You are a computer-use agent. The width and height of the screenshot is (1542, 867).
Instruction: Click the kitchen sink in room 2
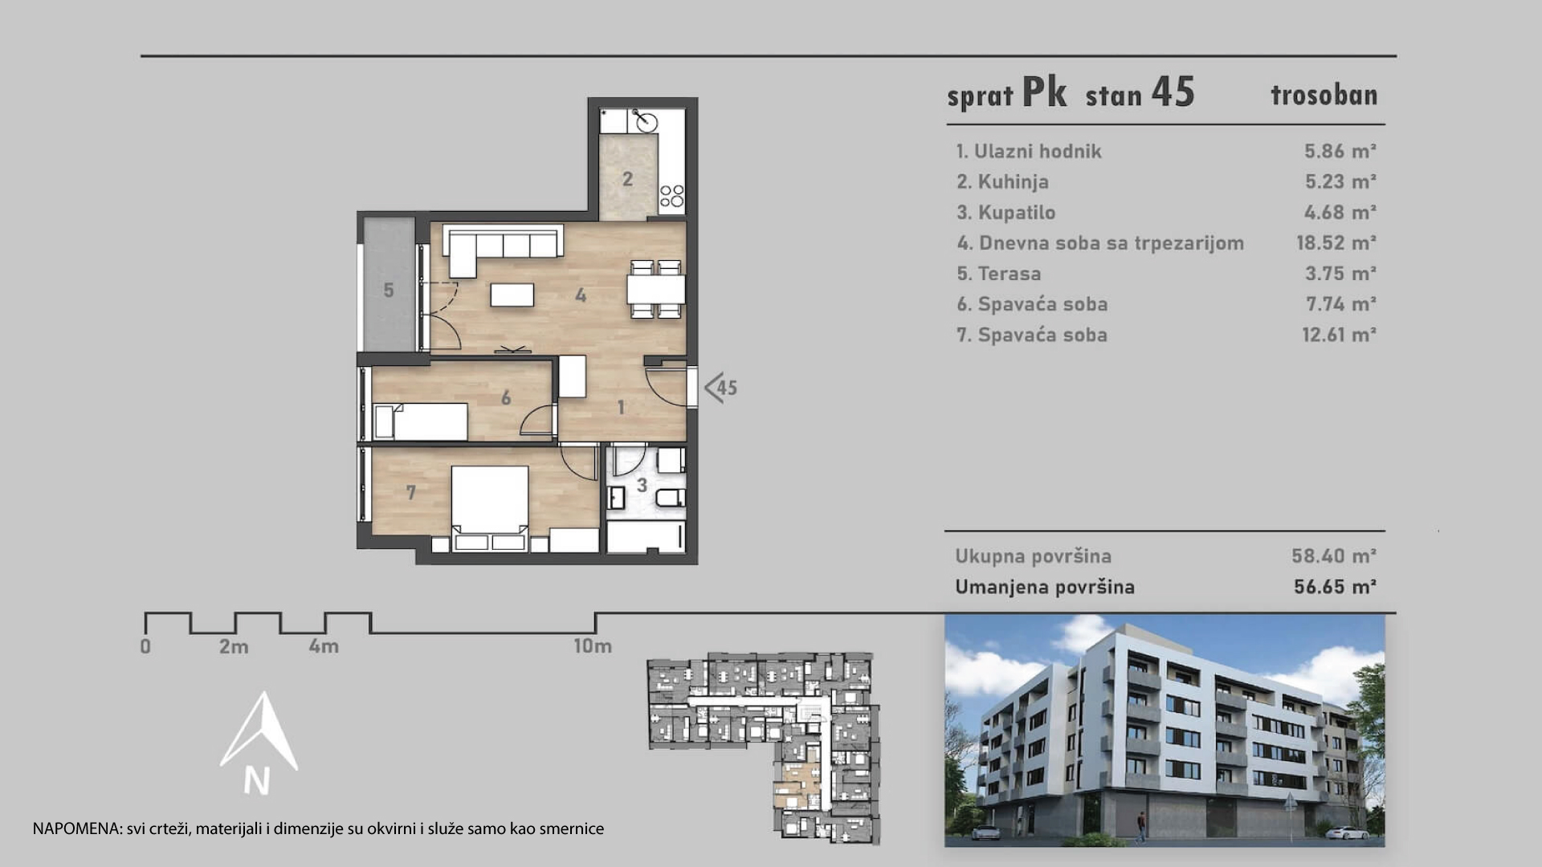pyautogui.click(x=645, y=121)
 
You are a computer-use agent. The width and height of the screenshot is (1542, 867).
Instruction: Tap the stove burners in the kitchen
pyautogui.click(x=671, y=196)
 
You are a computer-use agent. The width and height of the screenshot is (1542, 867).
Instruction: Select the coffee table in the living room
pyautogui.click(x=512, y=295)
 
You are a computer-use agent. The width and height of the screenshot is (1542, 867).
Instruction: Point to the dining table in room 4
pyautogui.click(x=656, y=289)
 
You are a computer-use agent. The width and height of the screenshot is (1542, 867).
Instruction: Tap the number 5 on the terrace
pyautogui.click(x=389, y=290)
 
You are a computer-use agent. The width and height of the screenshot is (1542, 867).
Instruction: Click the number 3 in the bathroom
pyautogui.click(x=642, y=485)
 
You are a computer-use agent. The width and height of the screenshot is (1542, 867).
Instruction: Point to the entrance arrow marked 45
pyautogui.click(x=720, y=388)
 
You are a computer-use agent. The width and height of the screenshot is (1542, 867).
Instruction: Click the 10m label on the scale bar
pyautogui.click(x=593, y=645)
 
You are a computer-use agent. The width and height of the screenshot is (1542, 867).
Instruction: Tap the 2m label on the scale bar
pyautogui.click(x=234, y=646)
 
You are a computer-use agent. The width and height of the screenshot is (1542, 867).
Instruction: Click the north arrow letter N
pyautogui.click(x=257, y=781)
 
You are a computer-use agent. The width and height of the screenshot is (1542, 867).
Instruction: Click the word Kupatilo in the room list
pyautogui.click(x=1017, y=213)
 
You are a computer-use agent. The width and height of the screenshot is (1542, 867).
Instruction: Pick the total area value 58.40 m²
pyautogui.click(x=1334, y=556)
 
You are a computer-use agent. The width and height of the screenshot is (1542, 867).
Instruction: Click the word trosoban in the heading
pyautogui.click(x=1324, y=96)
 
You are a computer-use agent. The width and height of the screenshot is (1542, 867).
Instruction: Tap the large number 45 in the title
pyautogui.click(x=1173, y=92)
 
